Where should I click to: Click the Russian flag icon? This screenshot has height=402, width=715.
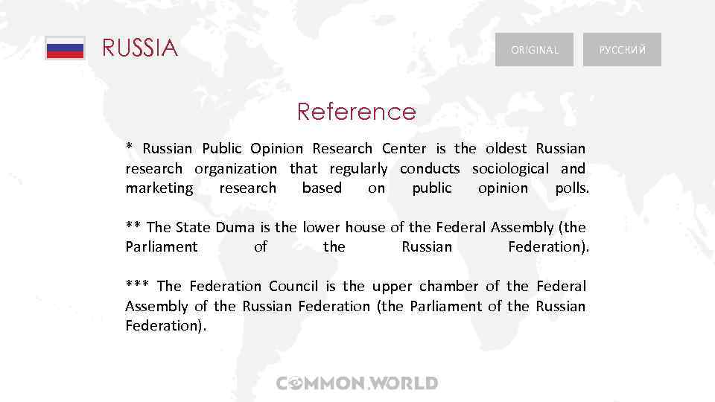(65, 48)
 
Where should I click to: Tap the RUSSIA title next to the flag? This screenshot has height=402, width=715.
(140, 49)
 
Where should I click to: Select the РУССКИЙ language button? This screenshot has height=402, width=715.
(622, 50)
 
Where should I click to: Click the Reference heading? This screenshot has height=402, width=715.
(357, 112)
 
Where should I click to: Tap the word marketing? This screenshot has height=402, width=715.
(159, 188)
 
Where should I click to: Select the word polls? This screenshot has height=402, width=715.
(572, 188)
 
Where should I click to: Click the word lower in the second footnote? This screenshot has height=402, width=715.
(322, 228)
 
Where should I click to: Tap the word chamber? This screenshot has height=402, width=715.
(451, 286)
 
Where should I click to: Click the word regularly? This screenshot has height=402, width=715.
(358, 169)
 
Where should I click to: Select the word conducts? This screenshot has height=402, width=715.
(430, 169)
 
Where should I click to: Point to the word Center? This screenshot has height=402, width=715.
(404, 149)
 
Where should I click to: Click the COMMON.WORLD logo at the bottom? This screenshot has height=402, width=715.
(357, 384)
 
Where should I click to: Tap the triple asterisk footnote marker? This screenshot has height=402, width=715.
(138, 286)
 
